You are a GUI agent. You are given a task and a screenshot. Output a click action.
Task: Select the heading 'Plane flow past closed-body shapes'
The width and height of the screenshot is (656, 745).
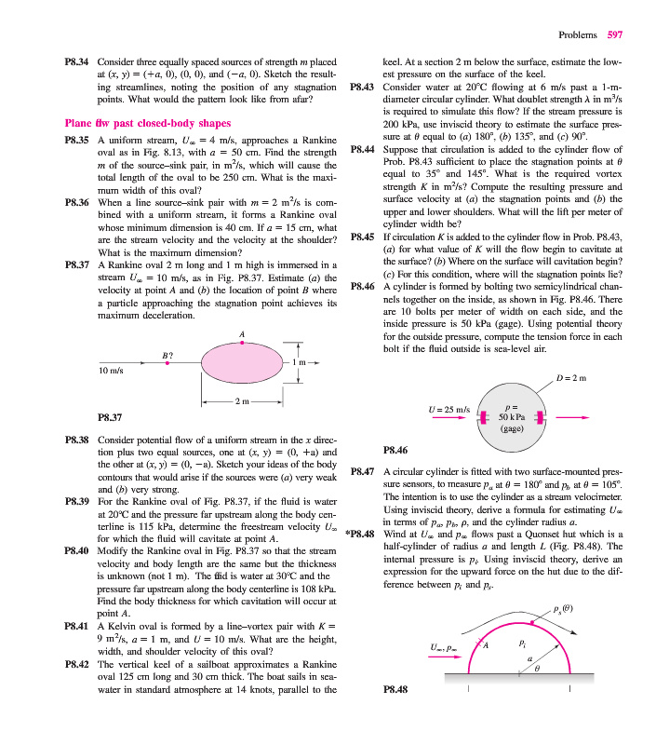pos(148,123)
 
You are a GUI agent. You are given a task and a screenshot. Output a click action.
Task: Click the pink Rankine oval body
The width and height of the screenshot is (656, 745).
pos(241,363)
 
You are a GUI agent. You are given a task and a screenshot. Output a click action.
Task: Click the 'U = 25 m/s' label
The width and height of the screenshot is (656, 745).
pos(446,409)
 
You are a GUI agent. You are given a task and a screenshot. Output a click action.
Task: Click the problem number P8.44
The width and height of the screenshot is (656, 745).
pos(362,148)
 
